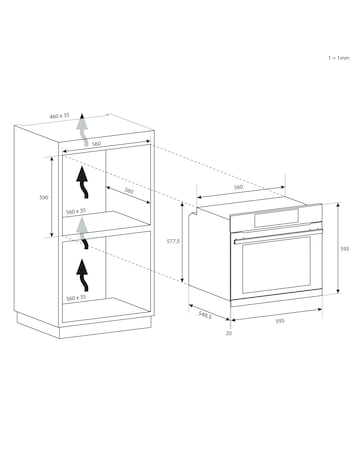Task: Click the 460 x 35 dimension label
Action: [60, 116]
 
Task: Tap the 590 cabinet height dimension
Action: [44, 197]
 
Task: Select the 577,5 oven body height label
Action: [173, 241]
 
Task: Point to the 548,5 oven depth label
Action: [205, 315]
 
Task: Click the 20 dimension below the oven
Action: [229, 333]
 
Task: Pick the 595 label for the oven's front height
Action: [345, 249]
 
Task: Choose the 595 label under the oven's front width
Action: [281, 321]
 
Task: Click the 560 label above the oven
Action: [238, 187]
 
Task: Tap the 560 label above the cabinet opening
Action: [96, 144]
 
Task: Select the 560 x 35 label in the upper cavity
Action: [76, 212]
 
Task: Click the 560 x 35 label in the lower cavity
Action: [76, 298]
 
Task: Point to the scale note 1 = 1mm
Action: [339, 58]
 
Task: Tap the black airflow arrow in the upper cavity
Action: [83, 183]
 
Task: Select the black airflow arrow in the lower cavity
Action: [83, 276]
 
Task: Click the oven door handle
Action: [279, 235]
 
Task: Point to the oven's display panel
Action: [277, 218]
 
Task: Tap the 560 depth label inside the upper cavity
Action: [129, 191]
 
